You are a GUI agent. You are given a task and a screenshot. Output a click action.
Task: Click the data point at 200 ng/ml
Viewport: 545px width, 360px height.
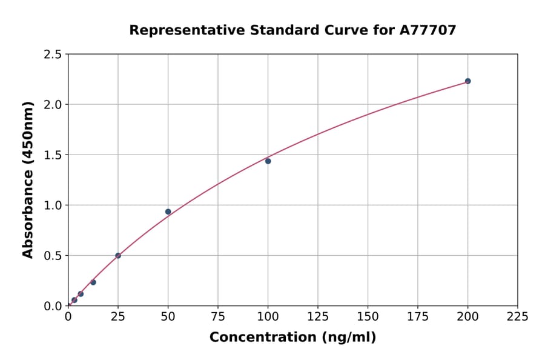[467, 81]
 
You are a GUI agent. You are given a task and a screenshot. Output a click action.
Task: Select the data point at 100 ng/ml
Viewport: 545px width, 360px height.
[268, 161]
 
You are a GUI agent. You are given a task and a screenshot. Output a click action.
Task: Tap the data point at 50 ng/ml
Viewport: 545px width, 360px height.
[168, 212]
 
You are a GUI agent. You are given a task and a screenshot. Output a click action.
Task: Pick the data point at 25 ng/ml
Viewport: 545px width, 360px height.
[118, 256]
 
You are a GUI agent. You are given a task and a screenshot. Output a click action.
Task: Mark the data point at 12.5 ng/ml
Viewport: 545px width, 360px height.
[93, 282]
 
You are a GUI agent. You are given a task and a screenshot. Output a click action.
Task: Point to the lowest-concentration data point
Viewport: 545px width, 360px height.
[74, 300]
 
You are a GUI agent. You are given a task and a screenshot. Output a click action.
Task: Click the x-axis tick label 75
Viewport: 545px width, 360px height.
[218, 316]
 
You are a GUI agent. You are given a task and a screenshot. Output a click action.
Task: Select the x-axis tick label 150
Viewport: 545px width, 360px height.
[368, 316]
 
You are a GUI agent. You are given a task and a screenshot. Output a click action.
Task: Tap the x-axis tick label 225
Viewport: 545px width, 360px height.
[517, 316]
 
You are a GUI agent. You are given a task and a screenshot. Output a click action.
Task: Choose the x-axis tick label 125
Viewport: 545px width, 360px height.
[318, 316]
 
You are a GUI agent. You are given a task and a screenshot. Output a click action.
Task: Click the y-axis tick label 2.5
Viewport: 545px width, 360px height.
[53, 55]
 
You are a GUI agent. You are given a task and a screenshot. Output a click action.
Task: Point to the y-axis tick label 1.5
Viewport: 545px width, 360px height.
[53, 155]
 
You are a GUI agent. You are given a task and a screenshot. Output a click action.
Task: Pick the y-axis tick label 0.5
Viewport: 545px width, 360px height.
[53, 256]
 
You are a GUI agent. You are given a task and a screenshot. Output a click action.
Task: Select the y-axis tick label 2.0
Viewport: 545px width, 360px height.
[53, 105]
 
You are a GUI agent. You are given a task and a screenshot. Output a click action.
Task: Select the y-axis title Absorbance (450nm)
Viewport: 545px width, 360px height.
[28, 180]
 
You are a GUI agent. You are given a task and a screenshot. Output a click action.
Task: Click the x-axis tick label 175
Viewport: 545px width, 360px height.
[417, 316]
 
